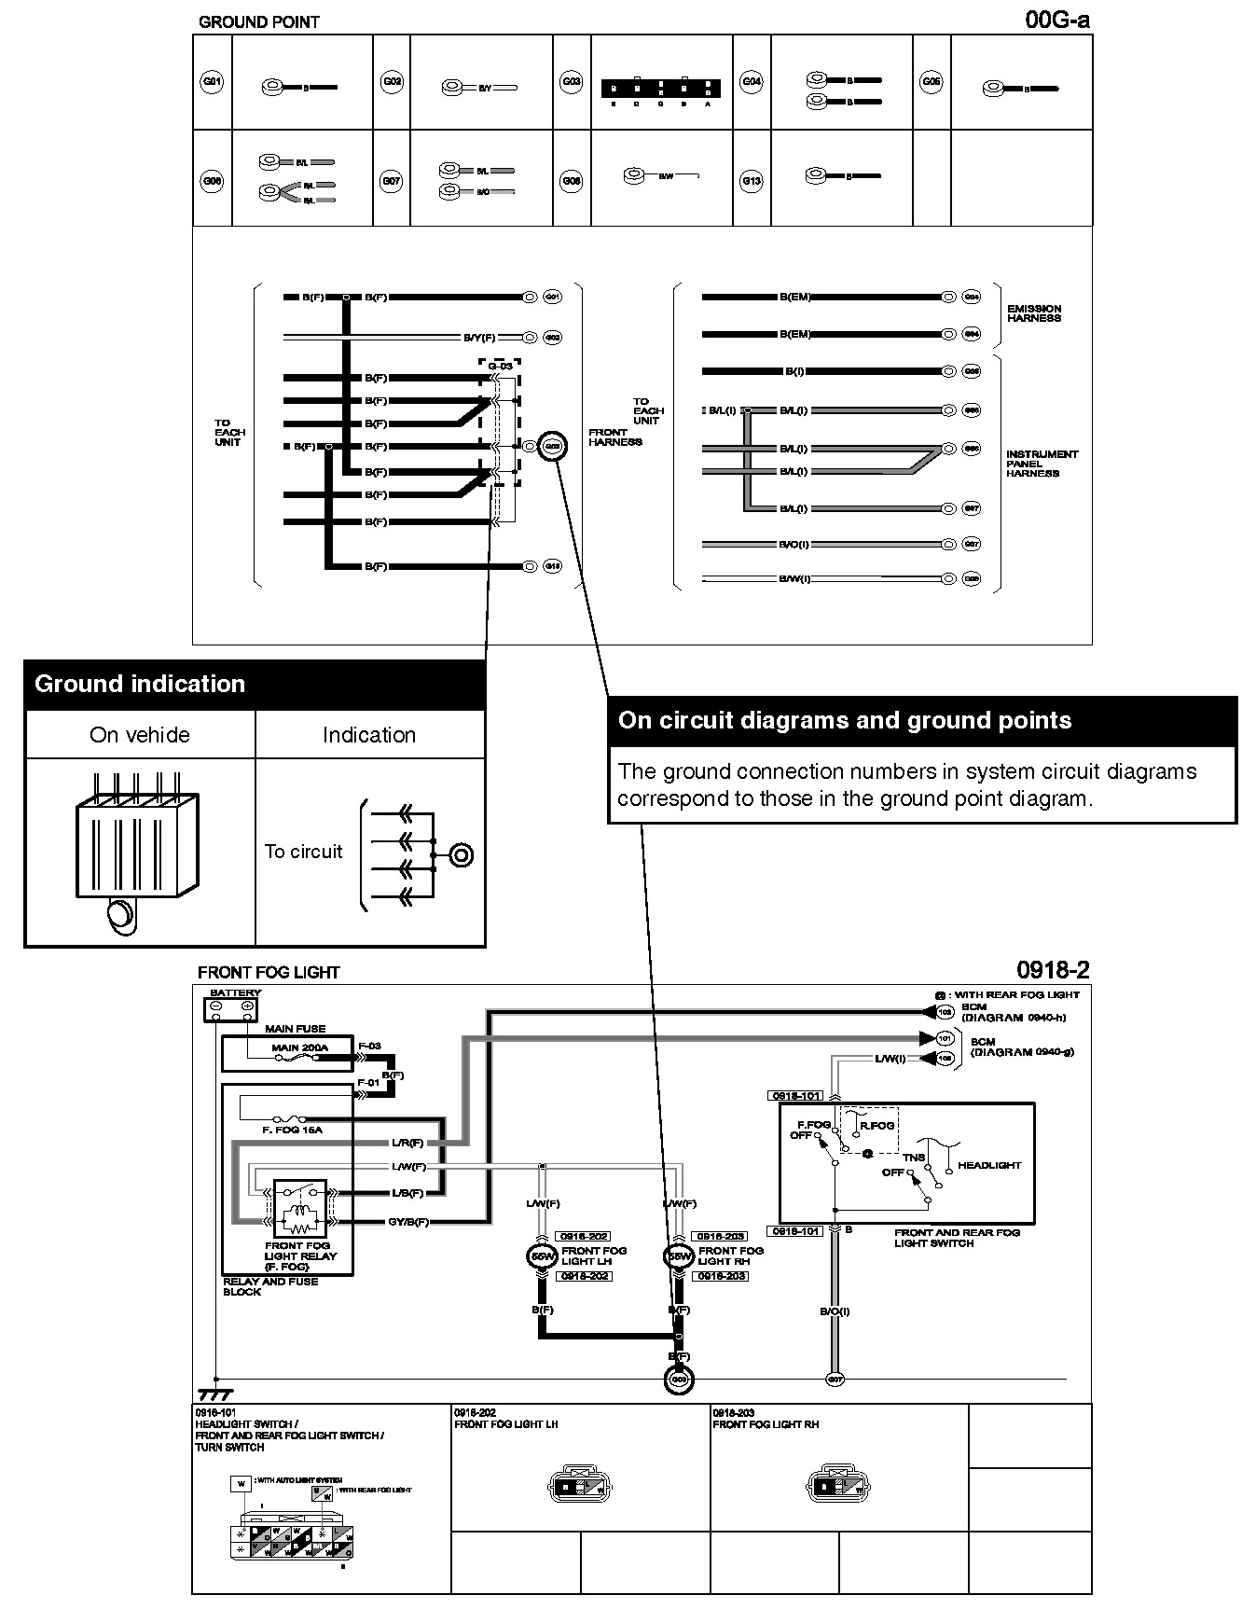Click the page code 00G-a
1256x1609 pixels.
tap(1057, 20)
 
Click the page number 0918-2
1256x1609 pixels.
tap(1053, 970)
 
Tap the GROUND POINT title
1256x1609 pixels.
tap(258, 22)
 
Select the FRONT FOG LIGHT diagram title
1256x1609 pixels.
tap(269, 972)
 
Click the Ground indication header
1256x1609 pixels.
tap(140, 684)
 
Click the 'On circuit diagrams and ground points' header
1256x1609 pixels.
tap(845, 720)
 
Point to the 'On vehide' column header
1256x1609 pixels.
tap(140, 735)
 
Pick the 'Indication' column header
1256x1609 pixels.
tap(369, 735)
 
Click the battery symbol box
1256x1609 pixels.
tap(231, 1009)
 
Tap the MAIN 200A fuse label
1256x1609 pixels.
tap(299, 1047)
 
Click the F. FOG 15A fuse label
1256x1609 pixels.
tap(292, 1130)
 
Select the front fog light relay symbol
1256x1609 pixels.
tap(299, 1209)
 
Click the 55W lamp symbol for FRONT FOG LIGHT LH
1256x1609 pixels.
tap(542, 1256)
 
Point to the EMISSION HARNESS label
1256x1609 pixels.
tap(1033, 313)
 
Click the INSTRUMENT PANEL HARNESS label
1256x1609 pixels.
tap(1042, 464)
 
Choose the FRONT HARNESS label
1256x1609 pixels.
tap(614, 437)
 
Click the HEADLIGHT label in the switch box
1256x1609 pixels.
tap(989, 1165)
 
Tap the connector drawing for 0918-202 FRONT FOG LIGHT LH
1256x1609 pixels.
tap(580, 1487)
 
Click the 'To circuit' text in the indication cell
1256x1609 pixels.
tap(303, 852)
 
